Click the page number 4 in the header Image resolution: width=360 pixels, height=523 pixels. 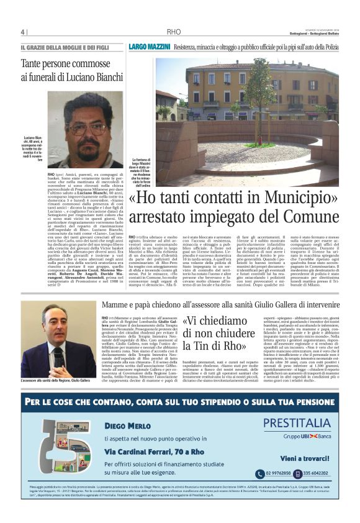click(x=22, y=32)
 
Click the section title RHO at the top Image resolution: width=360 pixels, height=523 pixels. click(x=174, y=32)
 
